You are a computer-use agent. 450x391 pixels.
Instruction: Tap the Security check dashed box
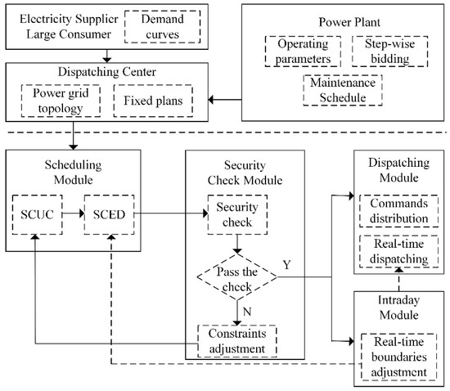point(236,214)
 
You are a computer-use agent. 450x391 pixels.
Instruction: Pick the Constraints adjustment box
point(236,340)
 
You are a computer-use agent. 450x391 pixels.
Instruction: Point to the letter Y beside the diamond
point(286,266)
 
